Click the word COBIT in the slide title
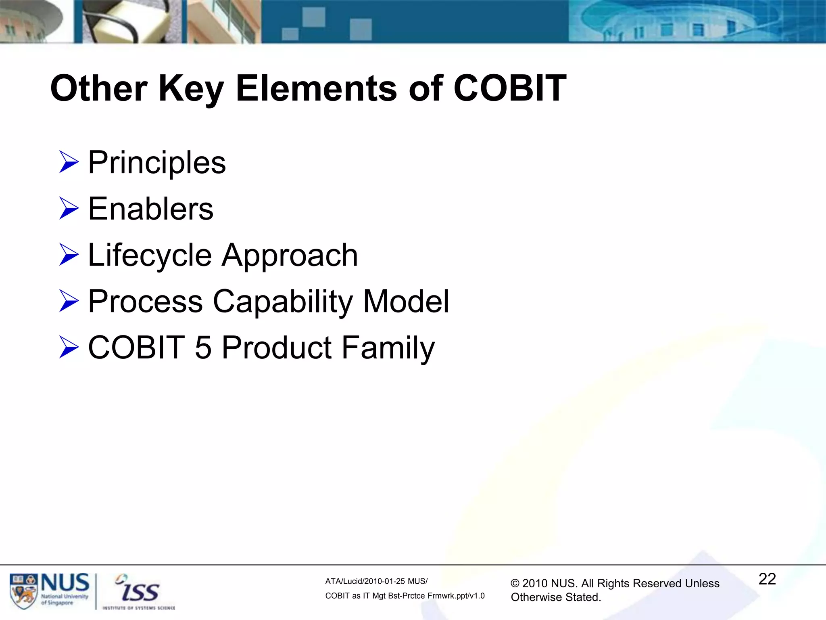point(510,88)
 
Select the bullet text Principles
point(157,163)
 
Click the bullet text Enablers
point(150,209)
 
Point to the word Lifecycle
point(150,256)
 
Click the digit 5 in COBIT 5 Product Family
point(203,348)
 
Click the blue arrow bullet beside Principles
point(69,162)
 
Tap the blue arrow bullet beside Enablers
point(69,209)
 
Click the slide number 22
point(767,579)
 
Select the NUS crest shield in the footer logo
point(23,592)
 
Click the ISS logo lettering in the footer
point(139,592)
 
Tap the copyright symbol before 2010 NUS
point(515,584)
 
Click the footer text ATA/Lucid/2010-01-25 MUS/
point(376,581)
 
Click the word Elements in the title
point(316,88)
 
